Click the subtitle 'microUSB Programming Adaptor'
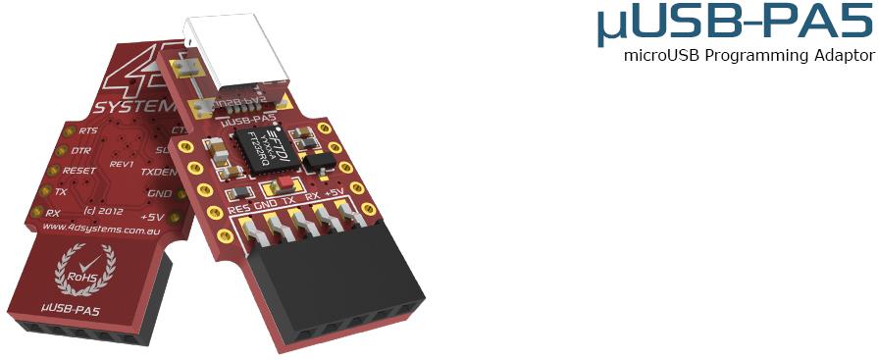coord(749,55)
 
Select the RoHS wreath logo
coord(84,270)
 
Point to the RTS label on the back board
coord(88,131)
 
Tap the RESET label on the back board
coord(78,171)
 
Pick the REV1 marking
coord(123,165)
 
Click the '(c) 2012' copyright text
coord(104,210)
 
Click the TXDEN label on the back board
coord(157,172)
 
